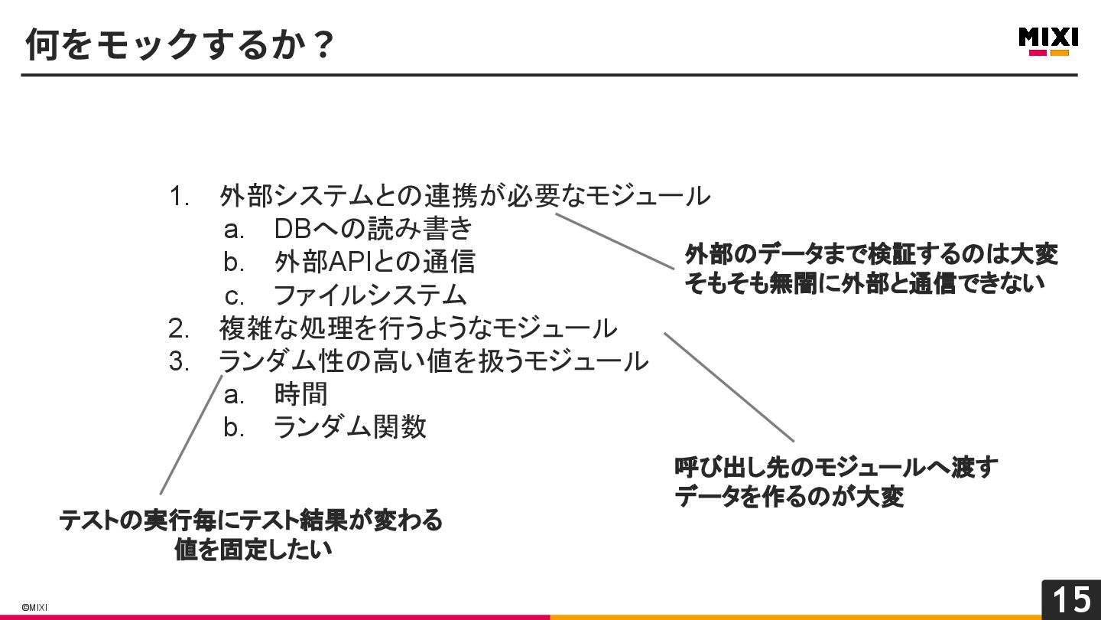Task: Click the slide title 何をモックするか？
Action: point(180,44)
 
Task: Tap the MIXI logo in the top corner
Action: point(1048,41)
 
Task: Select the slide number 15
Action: point(1071,599)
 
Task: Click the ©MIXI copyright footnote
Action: point(34,607)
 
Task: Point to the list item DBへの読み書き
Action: point(373,229)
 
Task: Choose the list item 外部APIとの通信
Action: point(374,262)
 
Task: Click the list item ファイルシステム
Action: point(369,295)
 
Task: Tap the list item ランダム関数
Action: point(349,427)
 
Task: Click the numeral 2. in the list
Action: point(179,328)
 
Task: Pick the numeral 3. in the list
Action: point(179,361)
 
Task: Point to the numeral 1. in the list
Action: point(179,196)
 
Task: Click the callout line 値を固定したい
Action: point(253,550)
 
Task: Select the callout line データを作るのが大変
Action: point(789,497)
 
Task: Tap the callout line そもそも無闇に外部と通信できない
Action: point(864,284)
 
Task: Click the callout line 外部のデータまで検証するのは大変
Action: point(871,253)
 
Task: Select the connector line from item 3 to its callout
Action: point(191,434)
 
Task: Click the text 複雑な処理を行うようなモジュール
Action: point(418,328)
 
